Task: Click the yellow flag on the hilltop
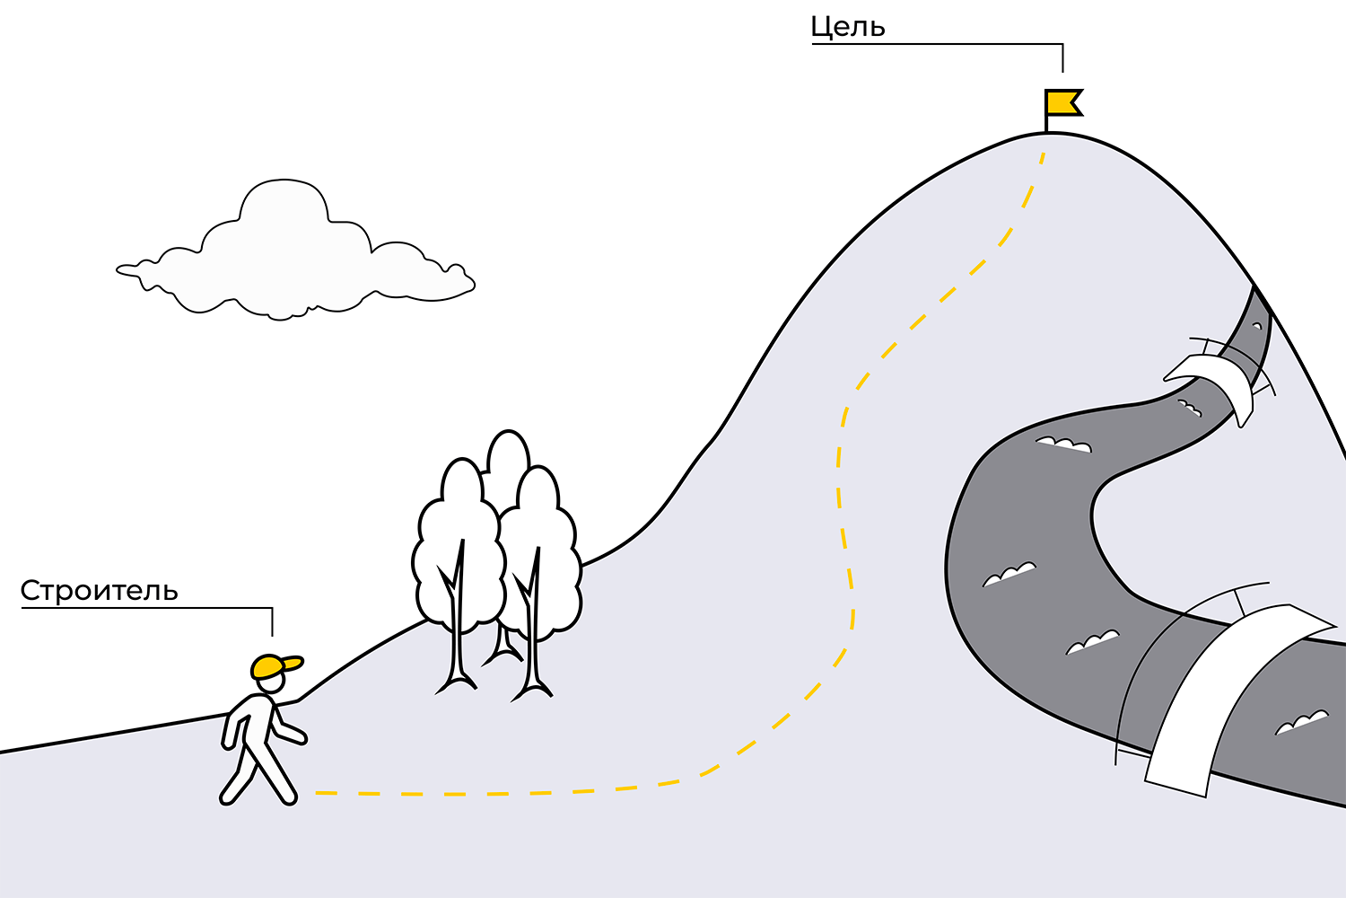[1062, 102]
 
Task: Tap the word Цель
[847, 28]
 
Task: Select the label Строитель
[99, 591]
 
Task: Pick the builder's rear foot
[229, 795]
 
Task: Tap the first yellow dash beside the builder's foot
[325, 794]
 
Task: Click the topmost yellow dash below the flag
[1041, 160]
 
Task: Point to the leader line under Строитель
[144, 608]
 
